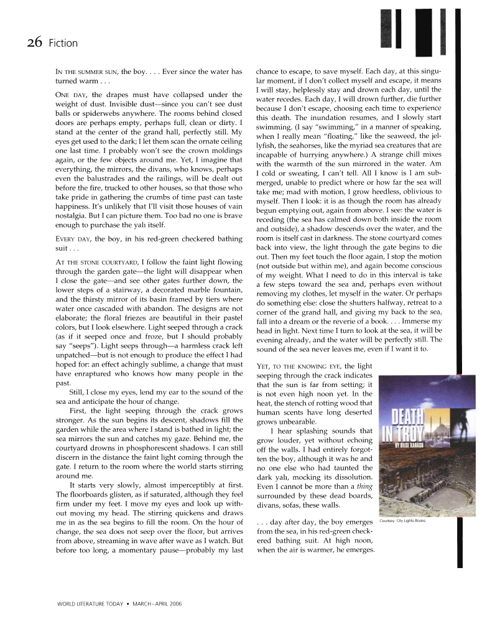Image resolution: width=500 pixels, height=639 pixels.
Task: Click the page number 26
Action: click(34, 42)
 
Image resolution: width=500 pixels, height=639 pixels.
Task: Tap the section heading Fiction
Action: click(62, 43)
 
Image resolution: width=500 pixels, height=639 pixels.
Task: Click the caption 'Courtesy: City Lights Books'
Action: click(402, 520)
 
